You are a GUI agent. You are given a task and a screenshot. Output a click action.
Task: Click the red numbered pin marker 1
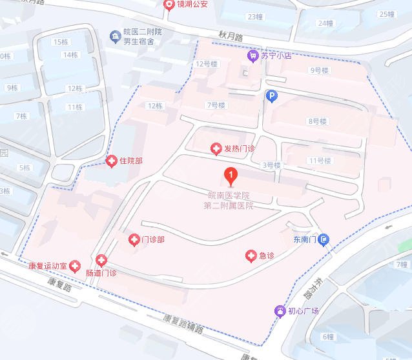229,174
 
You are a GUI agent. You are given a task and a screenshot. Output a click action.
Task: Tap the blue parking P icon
272,96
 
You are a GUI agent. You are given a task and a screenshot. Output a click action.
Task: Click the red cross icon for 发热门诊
216,150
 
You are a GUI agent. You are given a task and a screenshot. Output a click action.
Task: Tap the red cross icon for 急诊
251,256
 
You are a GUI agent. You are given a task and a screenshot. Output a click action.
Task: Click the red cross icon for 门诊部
133,239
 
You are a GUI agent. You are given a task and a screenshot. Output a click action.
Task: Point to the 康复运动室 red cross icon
75,265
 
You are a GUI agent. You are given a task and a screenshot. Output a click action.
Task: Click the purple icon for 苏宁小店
252,56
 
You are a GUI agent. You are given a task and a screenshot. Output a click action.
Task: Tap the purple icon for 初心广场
280,311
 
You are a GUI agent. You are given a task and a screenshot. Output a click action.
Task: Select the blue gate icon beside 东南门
325,240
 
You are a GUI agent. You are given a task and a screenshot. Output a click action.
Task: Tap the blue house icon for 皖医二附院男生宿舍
115,36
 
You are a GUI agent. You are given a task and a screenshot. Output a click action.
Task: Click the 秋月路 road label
229,37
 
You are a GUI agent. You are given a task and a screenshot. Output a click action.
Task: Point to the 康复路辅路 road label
183,323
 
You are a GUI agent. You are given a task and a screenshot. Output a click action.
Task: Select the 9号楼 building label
320,70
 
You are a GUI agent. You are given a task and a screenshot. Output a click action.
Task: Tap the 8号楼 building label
318,121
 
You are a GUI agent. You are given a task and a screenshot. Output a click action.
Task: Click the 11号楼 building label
320,161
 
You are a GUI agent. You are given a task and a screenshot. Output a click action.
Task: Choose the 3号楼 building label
271,165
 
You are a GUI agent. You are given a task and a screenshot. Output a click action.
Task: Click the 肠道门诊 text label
101,273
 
